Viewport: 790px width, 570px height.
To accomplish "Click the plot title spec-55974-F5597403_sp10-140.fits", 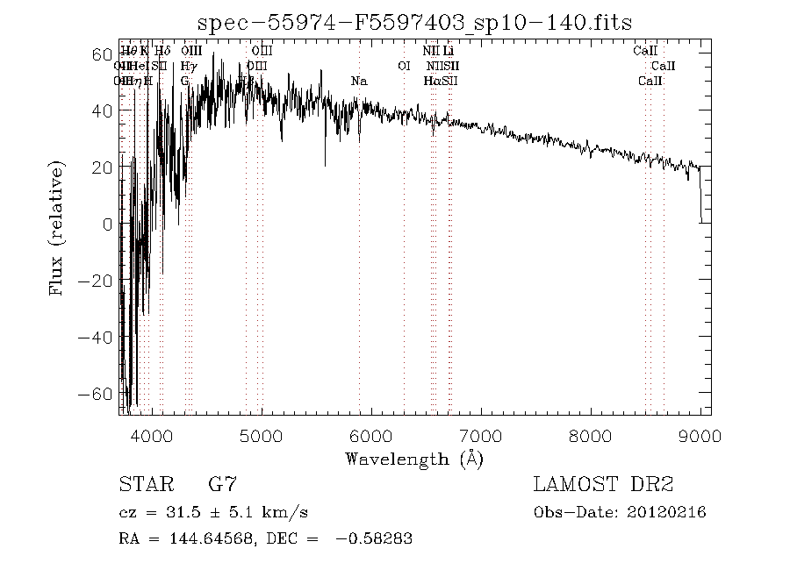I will (414, 22).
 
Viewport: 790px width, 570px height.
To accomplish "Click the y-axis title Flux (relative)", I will (58, 227).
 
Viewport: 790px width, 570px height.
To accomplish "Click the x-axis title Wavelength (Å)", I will (414, 458).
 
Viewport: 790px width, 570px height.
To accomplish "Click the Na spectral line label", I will (359, 82).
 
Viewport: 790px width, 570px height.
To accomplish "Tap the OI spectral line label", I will (404, 66).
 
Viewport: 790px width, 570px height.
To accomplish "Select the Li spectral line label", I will (448, 52).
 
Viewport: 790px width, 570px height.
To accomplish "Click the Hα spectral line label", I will (431, 82).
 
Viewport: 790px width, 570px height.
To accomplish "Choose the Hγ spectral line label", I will (188, 67).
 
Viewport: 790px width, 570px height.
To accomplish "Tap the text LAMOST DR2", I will (603, 484).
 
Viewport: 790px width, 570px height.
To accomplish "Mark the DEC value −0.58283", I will (375, 538).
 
